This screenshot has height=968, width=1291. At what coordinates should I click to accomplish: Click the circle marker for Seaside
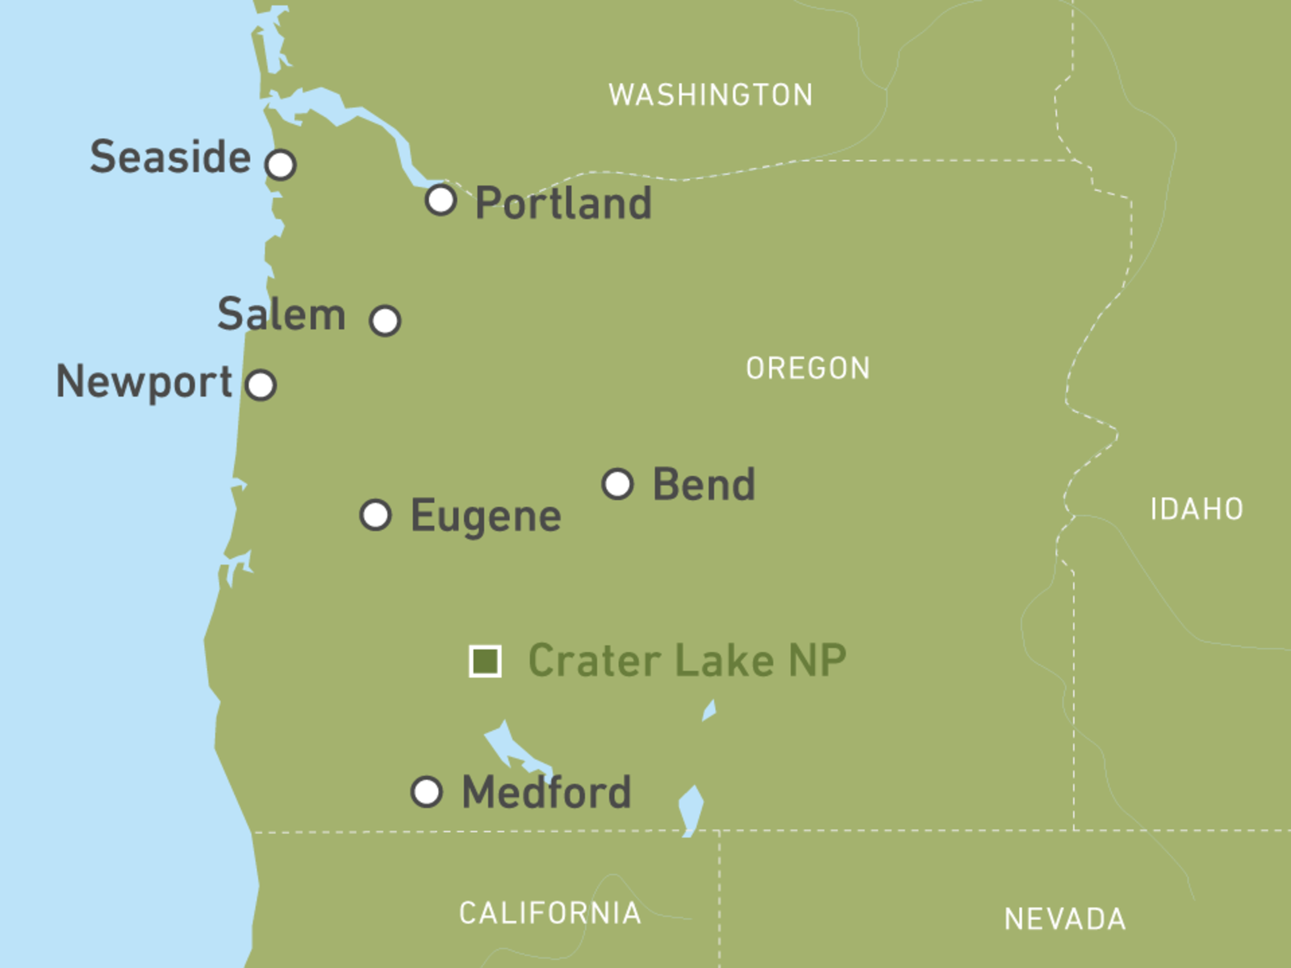click(281, 165)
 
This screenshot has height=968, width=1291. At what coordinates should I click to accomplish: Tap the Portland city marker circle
click(441, 199)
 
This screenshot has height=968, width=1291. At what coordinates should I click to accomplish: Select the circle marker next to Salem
click(385, 320)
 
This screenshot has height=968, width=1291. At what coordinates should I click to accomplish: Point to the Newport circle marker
click(261, 385)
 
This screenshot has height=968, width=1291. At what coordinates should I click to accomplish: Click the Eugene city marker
click(375, 515)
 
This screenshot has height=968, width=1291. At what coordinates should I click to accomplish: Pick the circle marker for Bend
click(618, 484)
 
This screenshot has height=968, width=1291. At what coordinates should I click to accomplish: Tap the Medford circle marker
click(426, 792)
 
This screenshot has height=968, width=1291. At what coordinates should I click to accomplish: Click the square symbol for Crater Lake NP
click(485, 661)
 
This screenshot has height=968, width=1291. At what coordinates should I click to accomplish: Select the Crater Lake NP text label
click(687, 661)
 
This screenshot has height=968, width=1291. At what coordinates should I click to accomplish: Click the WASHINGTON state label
click(711, 95)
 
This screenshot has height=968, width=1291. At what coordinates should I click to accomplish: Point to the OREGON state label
click(808, 369)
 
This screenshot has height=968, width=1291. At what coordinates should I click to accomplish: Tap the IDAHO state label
click(1197, 509)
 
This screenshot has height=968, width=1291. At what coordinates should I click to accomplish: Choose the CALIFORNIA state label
click(550, 913)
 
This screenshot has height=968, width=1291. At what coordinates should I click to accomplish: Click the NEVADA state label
click(1065, 919)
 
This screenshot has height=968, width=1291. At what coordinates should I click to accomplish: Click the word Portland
click(563, 202)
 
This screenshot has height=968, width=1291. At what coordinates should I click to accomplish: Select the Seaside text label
click(170, 156)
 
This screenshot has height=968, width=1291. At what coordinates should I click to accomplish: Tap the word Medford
click(546, 792)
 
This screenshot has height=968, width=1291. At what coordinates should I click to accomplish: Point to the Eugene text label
click(486, 516)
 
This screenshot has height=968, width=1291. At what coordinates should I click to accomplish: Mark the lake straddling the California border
click(691, 809)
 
